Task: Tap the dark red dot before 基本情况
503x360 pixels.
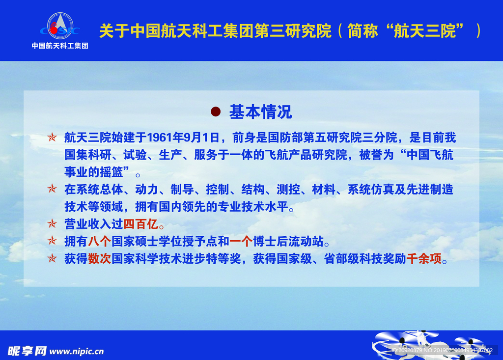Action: (x=215, y=111)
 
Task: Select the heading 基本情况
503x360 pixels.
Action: (x=260, y=112)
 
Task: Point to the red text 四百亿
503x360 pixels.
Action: (x=140, y=224)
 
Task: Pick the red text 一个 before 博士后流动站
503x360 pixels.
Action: (x=241, y=241)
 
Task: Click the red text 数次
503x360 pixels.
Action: (x=100, y=259)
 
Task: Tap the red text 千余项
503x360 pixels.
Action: (x=424, y=259)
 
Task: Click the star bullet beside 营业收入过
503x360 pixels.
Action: (x=52, y=224)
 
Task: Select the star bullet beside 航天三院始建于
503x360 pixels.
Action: (x=52, y=138)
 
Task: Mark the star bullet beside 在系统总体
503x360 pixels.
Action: (x=52, y=190)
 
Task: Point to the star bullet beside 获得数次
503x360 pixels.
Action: (x=52, y=259)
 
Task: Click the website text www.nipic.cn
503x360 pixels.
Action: (x=77, y=351)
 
